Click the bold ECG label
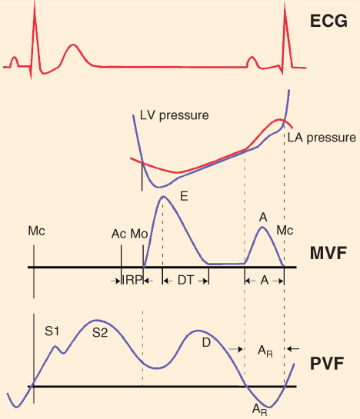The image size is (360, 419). [328, 21]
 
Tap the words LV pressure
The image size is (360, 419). [174, 115]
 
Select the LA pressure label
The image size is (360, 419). [322, 138]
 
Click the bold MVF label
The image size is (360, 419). [328, 253]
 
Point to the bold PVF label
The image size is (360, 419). [327, 364]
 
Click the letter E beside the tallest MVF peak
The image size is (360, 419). [184, 196]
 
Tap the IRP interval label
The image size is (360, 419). [132, 280]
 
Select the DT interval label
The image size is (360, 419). [185, 280]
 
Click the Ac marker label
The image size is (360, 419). [118, 234]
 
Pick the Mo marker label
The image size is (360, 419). [139, 234]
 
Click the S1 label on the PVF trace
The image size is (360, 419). [52, 331]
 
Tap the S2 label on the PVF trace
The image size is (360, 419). [100, 333]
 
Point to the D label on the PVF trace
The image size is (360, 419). [206, 343]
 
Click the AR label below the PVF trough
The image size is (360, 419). [260, 410]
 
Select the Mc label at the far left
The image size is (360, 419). [36, 231]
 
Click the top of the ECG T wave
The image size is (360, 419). [72, 45]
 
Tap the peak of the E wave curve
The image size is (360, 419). [163, 196]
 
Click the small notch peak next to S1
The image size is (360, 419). [55, 346]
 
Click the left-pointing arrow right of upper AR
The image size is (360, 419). [292, 349]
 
